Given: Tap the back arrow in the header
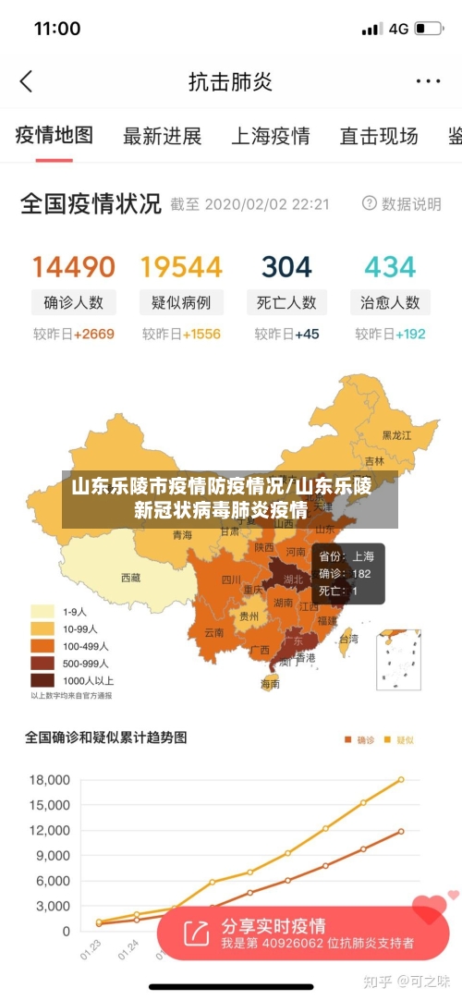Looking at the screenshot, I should pos(26,81).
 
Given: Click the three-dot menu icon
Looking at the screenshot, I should pos(428,81).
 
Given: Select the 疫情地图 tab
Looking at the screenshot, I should pos(55,136).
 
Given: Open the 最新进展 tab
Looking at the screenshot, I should pos(162,136).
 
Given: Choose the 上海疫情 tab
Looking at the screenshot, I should pos(270,136).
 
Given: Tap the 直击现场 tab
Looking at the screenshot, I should pos(378,136).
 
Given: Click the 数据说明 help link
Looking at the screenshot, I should pos(401,203).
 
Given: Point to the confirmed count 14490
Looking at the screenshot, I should pos(74,267).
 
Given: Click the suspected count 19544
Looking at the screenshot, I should pos(181,267).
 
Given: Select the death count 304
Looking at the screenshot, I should pos(286,267).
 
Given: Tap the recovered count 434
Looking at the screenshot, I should pos(390,267).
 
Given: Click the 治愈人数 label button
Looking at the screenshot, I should pos(390,302).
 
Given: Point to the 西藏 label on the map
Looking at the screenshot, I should pos(131,578).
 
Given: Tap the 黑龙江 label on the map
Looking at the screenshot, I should pos(398,434).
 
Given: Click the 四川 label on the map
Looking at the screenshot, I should pos(231,580).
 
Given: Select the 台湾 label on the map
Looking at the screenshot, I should pos(348,639).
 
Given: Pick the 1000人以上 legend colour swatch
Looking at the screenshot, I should pos(43,679).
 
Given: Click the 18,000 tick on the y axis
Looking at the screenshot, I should pos(50,780).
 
